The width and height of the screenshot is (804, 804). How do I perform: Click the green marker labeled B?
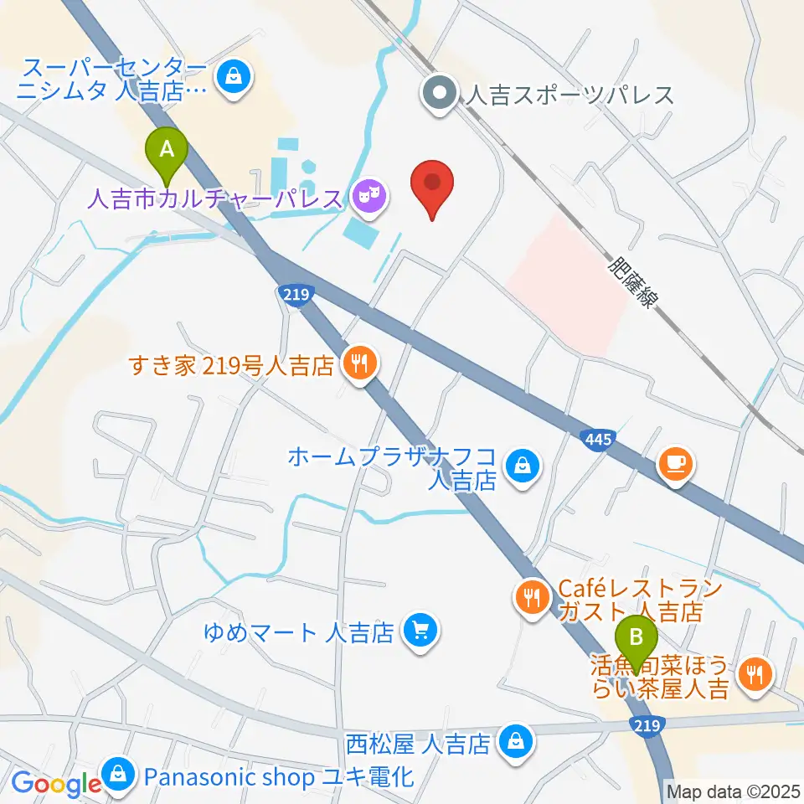coord(636,641)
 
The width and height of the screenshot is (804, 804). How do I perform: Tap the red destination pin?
coord(432,186)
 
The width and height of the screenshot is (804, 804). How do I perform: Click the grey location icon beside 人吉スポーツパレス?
coord(438,94)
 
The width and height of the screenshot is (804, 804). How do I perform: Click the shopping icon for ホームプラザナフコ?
coord(523,462)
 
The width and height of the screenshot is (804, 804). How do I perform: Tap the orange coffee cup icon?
coord(676,463)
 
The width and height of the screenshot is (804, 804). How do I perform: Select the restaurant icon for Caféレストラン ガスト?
coord(532,598)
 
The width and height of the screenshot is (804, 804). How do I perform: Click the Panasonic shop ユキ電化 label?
coord(279,776)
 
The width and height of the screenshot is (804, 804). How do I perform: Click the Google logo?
coord(56,783)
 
